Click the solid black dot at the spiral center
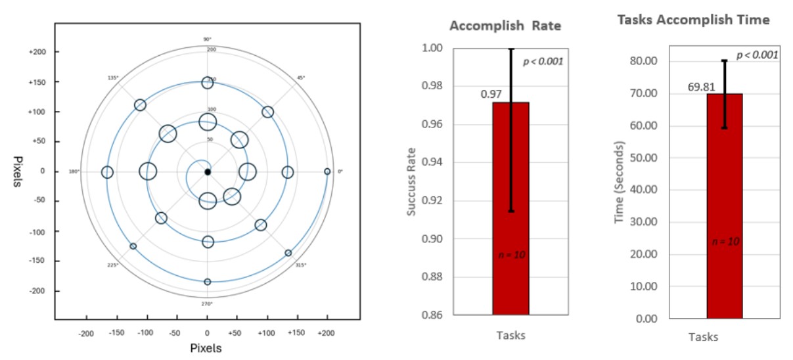coord(208,172)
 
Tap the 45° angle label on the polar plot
coord(301,78)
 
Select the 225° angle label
coord(112,265)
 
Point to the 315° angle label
coord(301,265)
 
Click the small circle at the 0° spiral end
coord(327,171)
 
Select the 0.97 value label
coord(491,95)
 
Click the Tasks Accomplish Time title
coord(693,20)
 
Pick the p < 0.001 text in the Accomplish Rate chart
coord(543,62)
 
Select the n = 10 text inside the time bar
coord(725,241)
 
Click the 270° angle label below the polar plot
coord(208,304)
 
